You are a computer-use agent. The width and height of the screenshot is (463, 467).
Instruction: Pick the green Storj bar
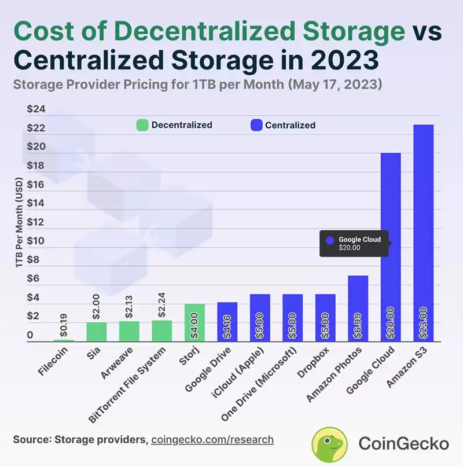(194, 322)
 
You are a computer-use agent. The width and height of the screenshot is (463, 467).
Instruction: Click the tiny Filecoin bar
(64, 340)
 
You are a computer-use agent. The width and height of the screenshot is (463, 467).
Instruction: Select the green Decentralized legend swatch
(142, 125)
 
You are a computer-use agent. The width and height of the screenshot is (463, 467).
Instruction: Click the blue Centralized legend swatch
(256, 125)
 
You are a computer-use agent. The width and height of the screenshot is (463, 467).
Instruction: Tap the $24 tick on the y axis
(36, 109)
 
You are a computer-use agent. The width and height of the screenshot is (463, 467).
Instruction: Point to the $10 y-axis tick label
(36, 241)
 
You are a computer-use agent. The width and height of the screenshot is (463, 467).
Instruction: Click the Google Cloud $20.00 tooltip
(354, 243)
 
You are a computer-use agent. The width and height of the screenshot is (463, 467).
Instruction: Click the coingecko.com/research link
(212, 440)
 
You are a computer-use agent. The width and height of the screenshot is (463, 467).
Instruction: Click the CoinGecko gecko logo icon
(330, 444)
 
